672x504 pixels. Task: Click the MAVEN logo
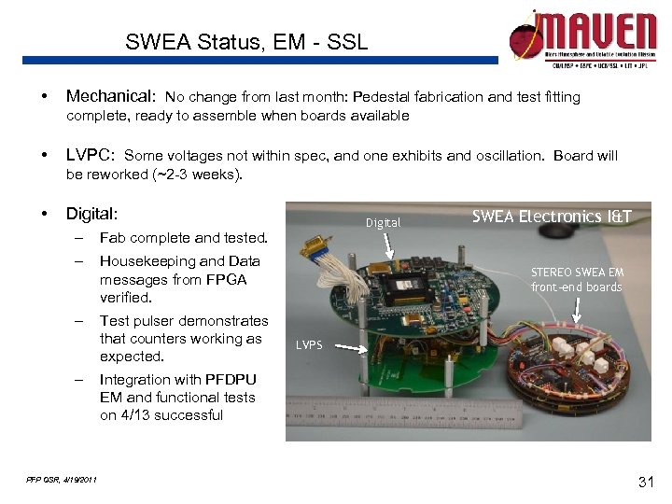coord(582,37)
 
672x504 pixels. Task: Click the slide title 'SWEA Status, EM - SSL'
coord(246,42)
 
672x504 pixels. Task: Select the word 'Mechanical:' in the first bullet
coord(111,96)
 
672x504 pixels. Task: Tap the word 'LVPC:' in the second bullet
coord(91,155)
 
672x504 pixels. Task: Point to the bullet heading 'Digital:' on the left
coord(92,214)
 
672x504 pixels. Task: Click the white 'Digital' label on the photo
coord(383,223)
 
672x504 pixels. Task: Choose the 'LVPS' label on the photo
coord(308,345)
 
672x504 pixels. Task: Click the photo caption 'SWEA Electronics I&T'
coord(552,217)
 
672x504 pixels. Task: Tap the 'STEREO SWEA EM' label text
coord(577,272)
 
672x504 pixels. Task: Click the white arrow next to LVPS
coord(349,347)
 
